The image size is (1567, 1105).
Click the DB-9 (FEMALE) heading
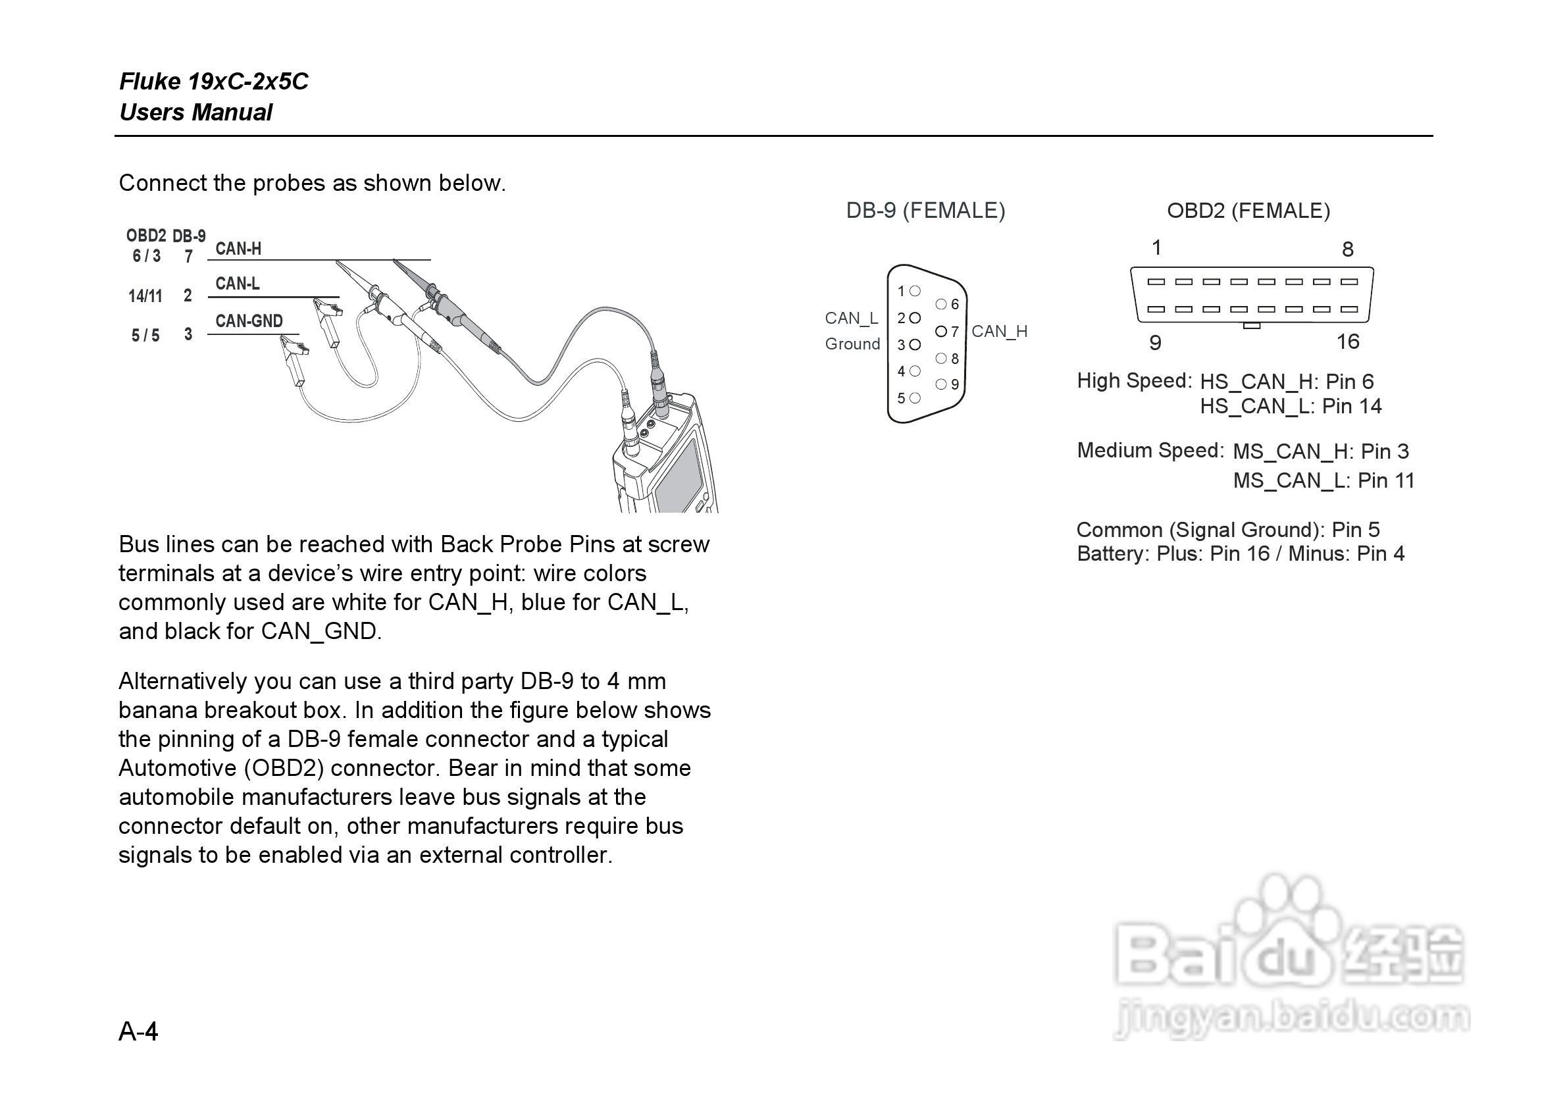pyautogui.click(x=925, y=210)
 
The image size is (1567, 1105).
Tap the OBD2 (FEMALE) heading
pyautogui.click(x=1248, y=210)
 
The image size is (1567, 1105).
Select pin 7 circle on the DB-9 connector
pyautogui.click(x=941, y=332)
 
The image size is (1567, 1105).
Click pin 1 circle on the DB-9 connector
pyautogui.click(x=915, y=292)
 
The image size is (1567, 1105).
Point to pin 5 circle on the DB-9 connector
pyautogui.click(x=915, y=398)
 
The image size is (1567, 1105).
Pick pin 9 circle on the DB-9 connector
pyautogui.click(x=941, y=384)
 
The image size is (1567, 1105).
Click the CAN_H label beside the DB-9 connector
pyautogui.click(x=999, y=332)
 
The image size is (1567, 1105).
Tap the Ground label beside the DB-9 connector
pyautogui.click(x=852, y=344)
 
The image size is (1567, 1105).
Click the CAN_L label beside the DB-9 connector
pyautogui.click(x=851, y=318)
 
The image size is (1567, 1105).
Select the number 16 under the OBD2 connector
pyautogui.click(x=1348, y=342)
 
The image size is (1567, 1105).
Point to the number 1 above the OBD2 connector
pyautogui.click(x=1156, y=247)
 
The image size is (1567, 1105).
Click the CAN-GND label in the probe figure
pyautogui.click(x=249, y=321)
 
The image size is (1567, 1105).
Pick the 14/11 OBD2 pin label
pyautogui.click(x=145, y=296)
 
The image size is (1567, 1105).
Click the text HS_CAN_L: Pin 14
pyautogui.click(x=1291, y=407)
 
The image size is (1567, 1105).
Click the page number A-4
pyautogui.click(x=139, y=1031)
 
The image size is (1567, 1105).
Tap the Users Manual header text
pyautogui.click(x=196, y=113)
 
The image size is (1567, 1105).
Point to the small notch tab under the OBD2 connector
pyautogui.click(x=1252, y=326)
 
